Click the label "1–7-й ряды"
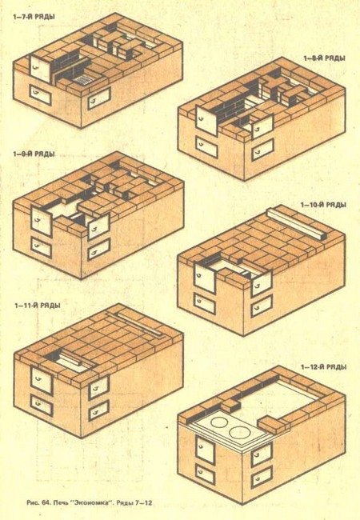(x=34, y=17)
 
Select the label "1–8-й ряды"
(x=325, y=58)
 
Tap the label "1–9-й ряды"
(x=34, y=154)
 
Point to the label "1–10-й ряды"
(x=323, y=205)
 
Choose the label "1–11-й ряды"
(x=38, y=306)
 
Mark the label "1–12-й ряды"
(x=324, y=367)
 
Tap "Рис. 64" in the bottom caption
(x=38, y=502)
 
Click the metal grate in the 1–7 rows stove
(x=81, y=79)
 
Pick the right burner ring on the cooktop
(x=238, y=433)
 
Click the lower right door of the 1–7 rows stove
(x=98, y=98)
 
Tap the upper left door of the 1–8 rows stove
(x=206, y=120)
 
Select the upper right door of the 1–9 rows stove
(x=98, y=226)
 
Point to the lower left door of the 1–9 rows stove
(x=42, y=248)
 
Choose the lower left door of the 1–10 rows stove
(x=205, y=304)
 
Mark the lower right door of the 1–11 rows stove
(x=98, y=410)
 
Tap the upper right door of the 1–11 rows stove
(x=98, y=386)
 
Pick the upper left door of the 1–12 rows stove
(x=206, y=448)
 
